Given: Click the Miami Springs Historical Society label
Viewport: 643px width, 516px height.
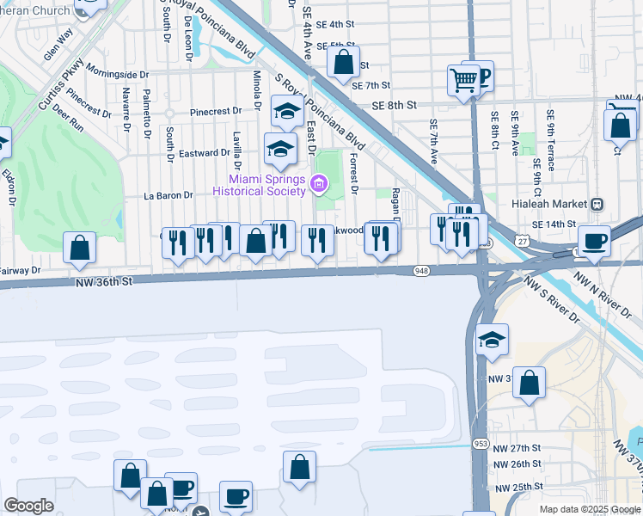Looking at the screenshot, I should coord(260,185).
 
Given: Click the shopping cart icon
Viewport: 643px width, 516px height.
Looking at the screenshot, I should coord(462,81).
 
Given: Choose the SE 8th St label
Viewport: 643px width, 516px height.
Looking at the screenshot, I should coord(394,104).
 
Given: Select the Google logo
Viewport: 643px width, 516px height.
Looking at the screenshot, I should coord(28,506).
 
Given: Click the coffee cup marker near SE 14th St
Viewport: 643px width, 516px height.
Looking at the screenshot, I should coord(594,240).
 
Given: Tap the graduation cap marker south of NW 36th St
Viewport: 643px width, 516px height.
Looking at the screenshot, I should coord(493,339).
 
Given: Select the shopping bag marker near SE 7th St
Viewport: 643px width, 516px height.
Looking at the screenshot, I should coord(343,62).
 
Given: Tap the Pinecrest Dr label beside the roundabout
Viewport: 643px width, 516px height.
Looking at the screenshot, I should coord(216,112).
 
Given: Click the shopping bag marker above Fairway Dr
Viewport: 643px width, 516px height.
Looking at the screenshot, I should coord(79,248).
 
